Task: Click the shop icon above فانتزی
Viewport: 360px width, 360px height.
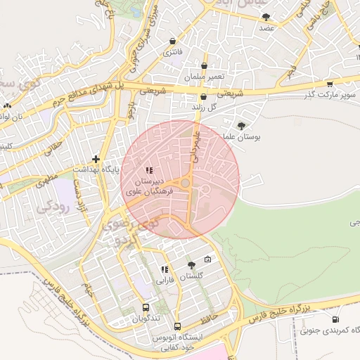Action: tap(173, 41)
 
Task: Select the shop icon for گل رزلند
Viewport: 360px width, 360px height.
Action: tap(203, 98)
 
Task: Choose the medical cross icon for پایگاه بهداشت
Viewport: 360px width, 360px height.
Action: tap(96, 160)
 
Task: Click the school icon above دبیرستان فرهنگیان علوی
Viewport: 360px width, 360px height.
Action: tap(148, 170)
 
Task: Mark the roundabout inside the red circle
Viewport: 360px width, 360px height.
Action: tap(185, 184)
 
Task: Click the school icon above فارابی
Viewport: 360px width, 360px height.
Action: tap(165, 269)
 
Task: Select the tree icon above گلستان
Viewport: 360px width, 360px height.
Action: tap(191, 265)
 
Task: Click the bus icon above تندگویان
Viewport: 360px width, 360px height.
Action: tap(146, 307)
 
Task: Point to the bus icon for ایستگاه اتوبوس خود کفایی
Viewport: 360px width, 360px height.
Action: tap(177, 327)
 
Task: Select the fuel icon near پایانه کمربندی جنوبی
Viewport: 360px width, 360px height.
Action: tap(305, 330)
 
